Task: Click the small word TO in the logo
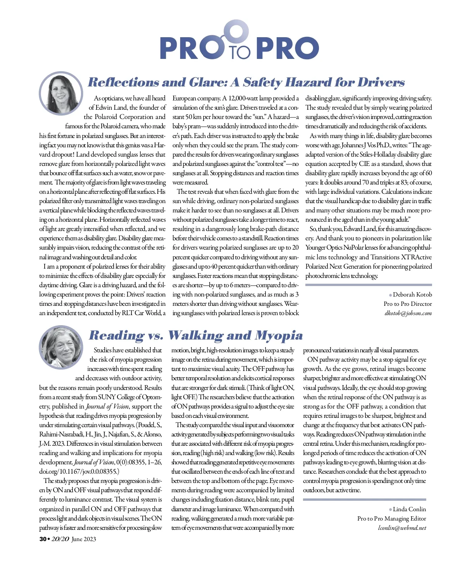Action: click(240, 52)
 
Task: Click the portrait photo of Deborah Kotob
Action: click(61, 93)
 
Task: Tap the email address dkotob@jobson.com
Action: click(408, 313)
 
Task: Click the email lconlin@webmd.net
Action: click(402, 528)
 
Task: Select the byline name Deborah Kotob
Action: click(412, 295)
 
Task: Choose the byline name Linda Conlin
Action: click(409, 509)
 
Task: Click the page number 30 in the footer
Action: click(43, 539)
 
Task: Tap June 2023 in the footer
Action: click(84, 539)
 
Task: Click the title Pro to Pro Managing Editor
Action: click(391, 519)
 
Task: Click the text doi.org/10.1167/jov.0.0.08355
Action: click(79, 472)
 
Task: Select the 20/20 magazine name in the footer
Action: click(60, 539)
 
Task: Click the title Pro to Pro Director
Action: click(408, 304)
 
